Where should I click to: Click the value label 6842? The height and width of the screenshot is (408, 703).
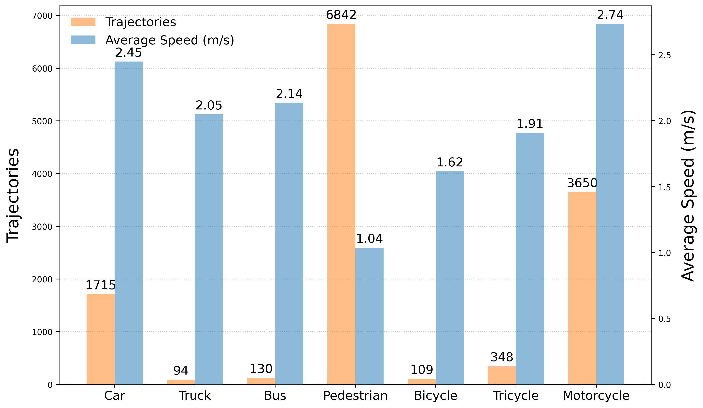coord(341,15)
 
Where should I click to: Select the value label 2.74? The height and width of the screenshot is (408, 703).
coord(610,15)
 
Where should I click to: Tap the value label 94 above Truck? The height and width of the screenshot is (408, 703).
coord(181,370)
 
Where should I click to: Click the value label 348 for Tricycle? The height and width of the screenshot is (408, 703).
coord(502,357)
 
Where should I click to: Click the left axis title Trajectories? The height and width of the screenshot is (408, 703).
coord(13,195)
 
